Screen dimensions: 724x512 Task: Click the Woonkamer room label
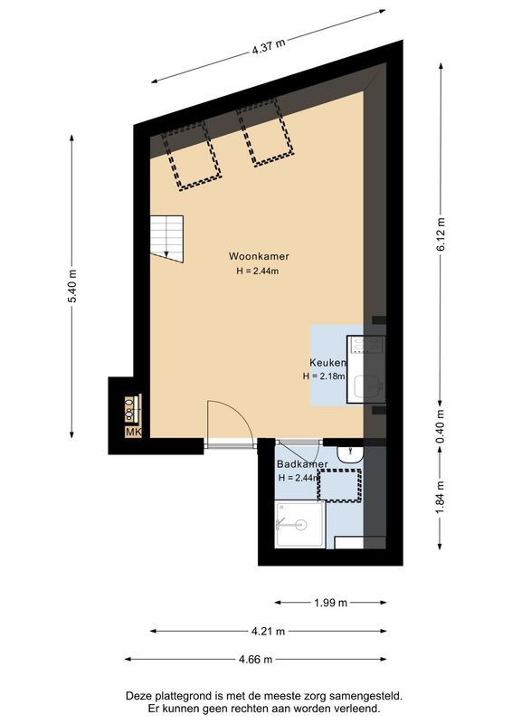[259, 256]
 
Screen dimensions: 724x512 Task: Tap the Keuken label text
[328, 362]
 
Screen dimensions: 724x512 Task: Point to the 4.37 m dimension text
[270, 46]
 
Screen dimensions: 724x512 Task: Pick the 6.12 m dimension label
[441, 234]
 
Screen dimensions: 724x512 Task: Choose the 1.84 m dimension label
[441, 499]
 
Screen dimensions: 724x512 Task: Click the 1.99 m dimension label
[331, 602]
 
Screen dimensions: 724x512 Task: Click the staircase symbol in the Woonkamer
[166, 237]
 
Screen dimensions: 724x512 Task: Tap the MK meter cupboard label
[133, 433]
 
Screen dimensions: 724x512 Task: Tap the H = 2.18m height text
[325, 376]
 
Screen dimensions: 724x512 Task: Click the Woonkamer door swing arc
[226, 418]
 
